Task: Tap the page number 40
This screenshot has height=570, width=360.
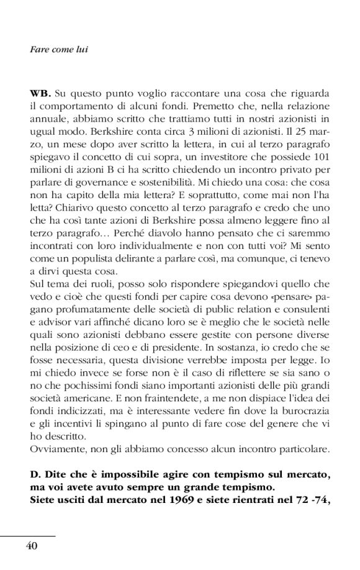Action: (x=32, y=545)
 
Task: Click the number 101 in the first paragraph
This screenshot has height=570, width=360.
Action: (x=322, y=155)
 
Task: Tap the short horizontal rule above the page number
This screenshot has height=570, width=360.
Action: (x=29, y=533)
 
